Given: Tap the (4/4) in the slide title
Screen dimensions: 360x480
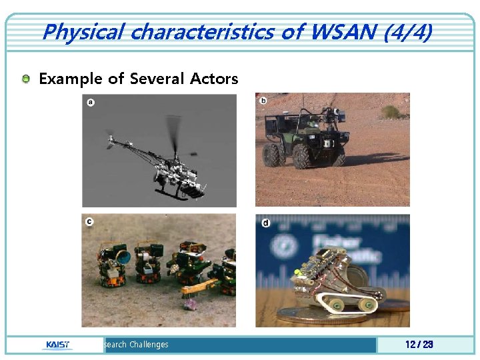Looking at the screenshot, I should click(407, 32).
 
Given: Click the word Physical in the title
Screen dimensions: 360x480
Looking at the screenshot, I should click(83, 32).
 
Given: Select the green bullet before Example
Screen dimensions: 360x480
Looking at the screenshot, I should click(25, 79).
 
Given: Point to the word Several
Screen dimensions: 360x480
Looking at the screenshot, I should click(157, 79).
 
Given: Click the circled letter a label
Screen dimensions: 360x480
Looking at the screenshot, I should click(90, 102).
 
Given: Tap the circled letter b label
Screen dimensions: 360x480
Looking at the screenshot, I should click(263, 101).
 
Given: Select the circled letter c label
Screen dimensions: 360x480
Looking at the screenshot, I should click(89, 221).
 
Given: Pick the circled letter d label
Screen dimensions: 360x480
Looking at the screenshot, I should click(266, 223).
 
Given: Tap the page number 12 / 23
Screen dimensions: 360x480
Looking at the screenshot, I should click(419, 345).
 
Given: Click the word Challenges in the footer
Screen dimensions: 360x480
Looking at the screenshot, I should click(149, 345).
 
